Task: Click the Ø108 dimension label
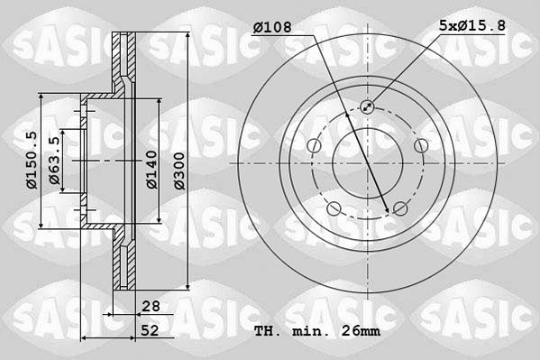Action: click(272, 27)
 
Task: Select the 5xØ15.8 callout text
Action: click(472, 25)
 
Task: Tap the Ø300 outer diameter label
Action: click(179, 171)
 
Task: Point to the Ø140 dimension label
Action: click(151, 170)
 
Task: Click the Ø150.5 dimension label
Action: click(32, 160)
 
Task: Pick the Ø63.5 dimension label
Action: click(55, 161)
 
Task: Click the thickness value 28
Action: click(151, 306)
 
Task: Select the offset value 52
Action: click(151, 330)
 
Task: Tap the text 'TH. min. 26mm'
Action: click(317, 331)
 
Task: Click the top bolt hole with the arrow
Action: click(367, 106)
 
